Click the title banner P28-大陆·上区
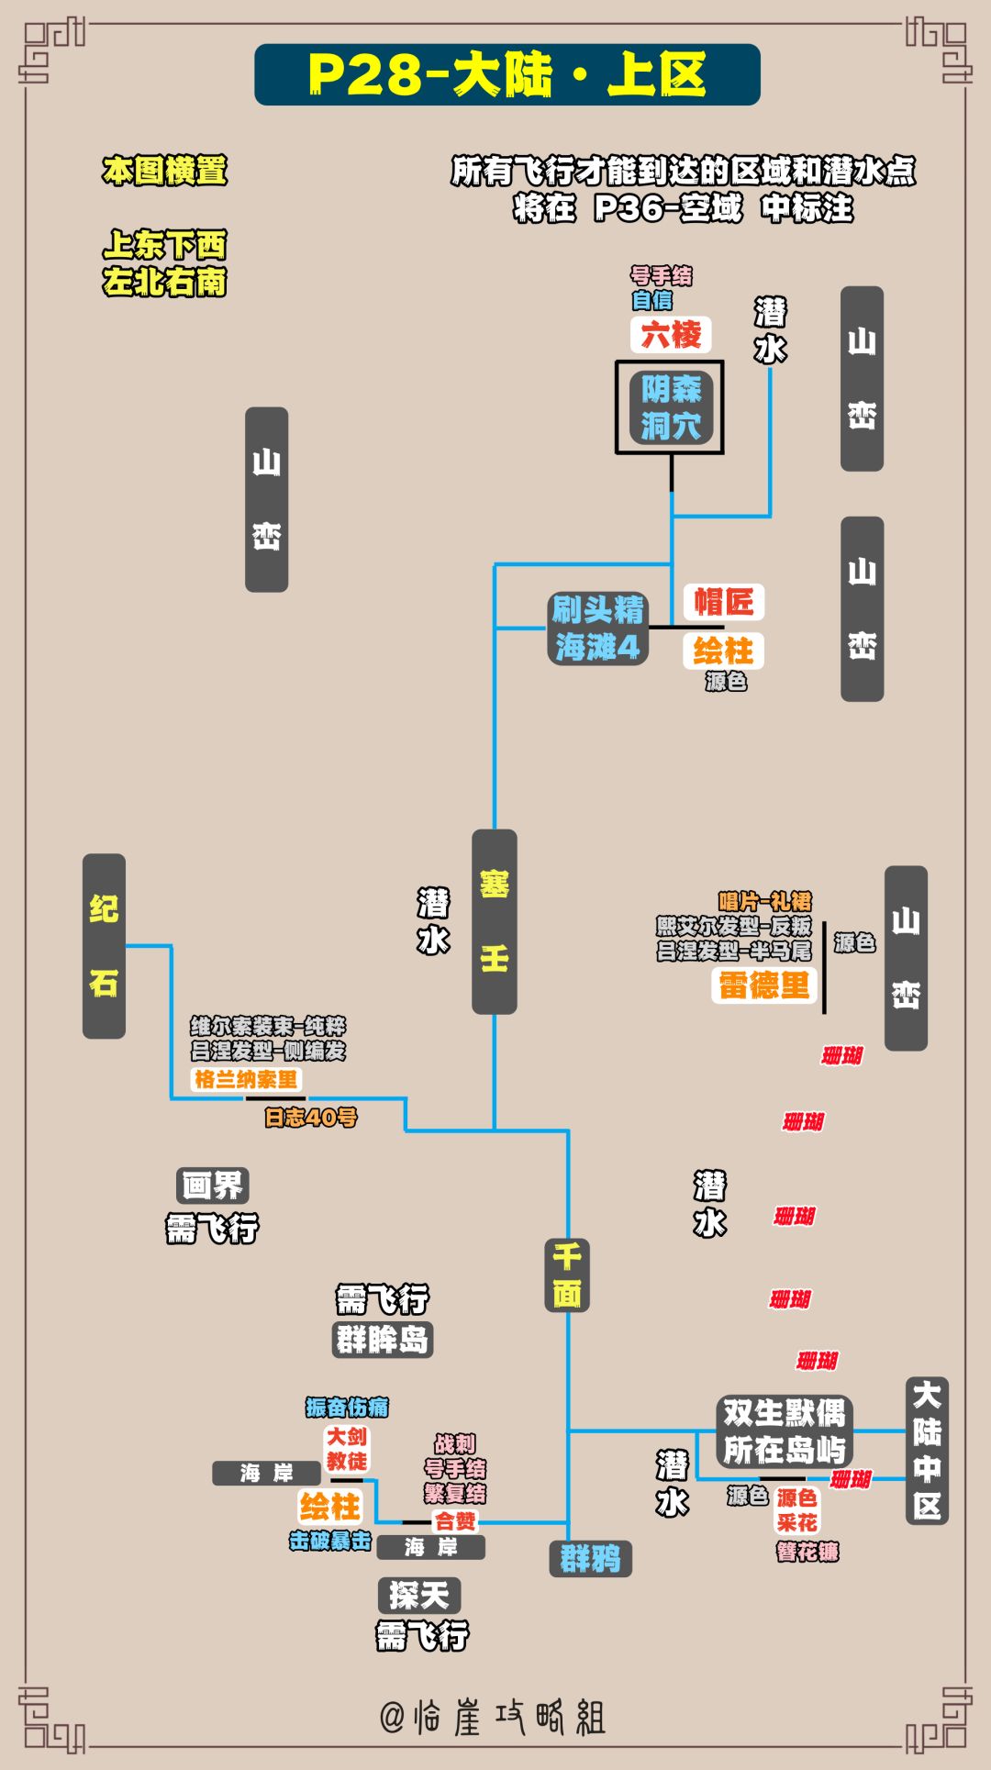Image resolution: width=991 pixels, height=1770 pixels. pos(507,74)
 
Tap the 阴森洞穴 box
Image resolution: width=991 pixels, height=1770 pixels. pos(670,407)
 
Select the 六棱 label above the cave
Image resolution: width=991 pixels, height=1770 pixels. pos(671,334)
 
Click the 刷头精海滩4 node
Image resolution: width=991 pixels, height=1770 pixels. pos(597,629)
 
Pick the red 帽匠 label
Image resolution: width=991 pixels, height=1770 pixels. pos(723,602)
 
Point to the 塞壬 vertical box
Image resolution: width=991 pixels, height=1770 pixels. pos(495,921)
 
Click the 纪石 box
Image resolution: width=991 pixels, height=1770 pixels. pos(104,946)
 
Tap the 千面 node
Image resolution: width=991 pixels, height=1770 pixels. pos(567,1275)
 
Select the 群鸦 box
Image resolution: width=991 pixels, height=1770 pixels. pos(590,1558)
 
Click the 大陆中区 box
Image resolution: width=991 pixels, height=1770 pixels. pos(927,1451)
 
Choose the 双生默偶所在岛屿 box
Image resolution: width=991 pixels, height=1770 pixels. pos(784,1430)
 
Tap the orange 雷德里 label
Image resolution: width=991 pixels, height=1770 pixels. pos(763,985)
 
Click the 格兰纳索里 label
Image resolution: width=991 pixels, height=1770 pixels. pos(246,1079)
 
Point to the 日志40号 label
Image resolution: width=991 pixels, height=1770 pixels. pos(310,1117)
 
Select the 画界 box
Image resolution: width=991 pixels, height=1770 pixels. pos(212,1186)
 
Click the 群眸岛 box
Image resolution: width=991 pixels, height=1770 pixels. pos(382,1340)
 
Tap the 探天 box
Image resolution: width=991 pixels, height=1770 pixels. pos(418,1596)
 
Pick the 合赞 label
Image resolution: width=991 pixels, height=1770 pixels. pos(455,1521)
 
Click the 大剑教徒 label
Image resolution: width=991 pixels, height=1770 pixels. pos(347,1449)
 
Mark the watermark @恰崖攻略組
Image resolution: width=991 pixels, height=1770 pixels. pos(494,1717)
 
